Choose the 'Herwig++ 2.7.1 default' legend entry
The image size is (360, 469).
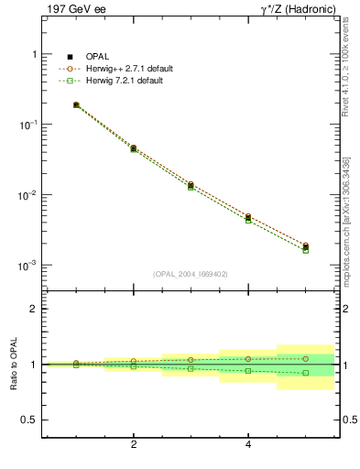tap(131, 69)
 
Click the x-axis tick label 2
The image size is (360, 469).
tap(134, 445)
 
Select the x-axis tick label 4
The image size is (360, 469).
tap(248, 445)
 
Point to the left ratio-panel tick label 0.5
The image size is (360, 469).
tap(28, 420)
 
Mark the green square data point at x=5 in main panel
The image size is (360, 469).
tap(306, 250)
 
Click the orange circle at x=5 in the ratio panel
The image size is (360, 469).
tap(306, 359)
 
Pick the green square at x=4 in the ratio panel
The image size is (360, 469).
tap(248, 371)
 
